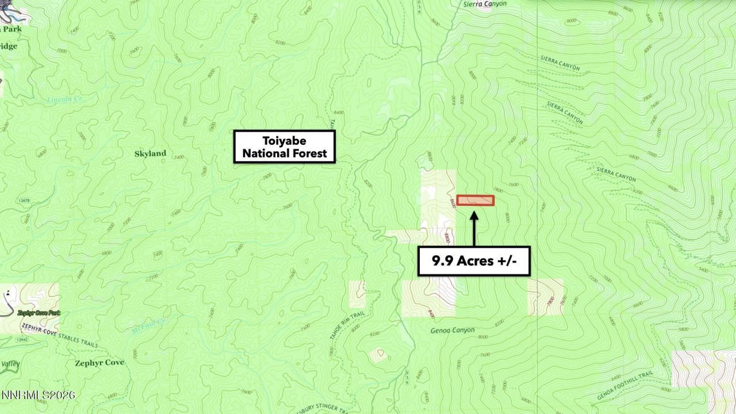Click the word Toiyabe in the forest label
pyautogui.click(x=284, y=141)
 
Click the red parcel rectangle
pyautogui.click(x=476, y=200)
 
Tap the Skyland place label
pyautogui.click(x=150, y=154)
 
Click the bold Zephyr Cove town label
pyautogui.click(x=99, y=363)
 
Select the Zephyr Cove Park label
pyautogui.click(x=39, y=313)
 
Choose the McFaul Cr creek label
pyautogui.click(x=148, y=326)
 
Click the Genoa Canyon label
pyautogui.click(x=453, y=331)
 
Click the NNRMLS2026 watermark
pyautogui.click(x=38, y=396)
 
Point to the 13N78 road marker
pyautogui.click(x=24, y=201)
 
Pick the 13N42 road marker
pyautogui.click(x=22, y=340)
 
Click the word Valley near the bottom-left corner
pyautogui.click(x=10, y=364)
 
